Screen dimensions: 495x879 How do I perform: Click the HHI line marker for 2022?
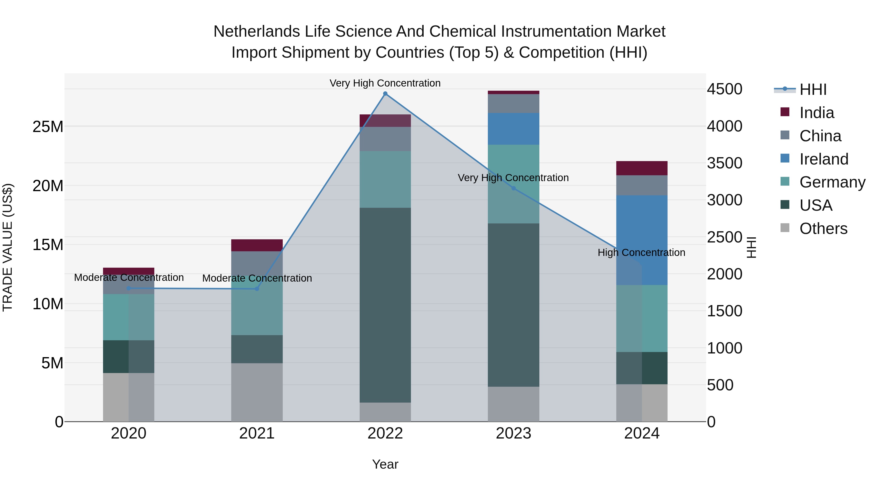click(x=385, y=94)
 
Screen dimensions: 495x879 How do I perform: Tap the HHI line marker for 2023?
click(x=513, y=188)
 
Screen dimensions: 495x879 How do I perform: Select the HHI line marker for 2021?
click(x=257, y=289)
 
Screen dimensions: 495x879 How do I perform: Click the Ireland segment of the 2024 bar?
click(x=641, y=240)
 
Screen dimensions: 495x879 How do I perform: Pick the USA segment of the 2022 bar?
click(x=385, y=305)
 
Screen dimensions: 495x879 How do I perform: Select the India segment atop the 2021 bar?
click(x=257, y=245)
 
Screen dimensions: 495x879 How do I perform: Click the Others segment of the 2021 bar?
click(x=257, y=392)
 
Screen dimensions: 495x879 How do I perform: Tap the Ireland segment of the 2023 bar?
click(x=513, y=129)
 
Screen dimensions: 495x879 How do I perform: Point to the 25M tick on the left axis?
click(x=48, y=127)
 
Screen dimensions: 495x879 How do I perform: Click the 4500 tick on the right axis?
click(x=724, y=89)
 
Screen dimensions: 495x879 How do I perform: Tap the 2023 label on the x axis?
click(x=513, y=433)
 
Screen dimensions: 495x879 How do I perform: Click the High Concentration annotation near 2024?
click(x=641, y=253)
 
